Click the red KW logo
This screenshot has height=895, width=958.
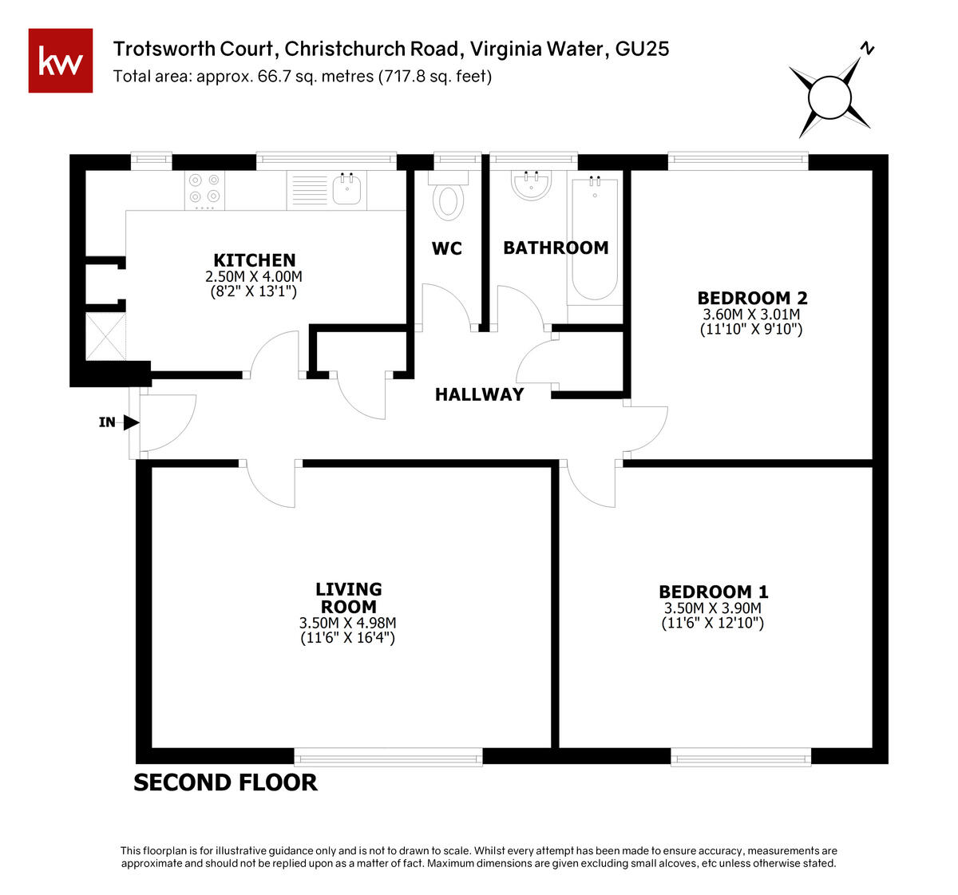point(61,61)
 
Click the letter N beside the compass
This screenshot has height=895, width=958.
point(867,49)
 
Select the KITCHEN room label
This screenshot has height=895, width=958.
point(254,260)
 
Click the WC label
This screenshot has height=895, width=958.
point(447,248)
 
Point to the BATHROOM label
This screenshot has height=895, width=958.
point(556,248)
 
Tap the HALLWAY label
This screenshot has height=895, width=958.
point(479,394)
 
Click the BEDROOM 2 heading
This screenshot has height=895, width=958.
point(753,298)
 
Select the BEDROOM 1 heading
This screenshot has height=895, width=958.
point(714,592)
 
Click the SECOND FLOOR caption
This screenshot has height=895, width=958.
point(225,782)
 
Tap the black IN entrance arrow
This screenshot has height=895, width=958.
point(131,422)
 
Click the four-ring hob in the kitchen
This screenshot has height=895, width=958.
point(204,190)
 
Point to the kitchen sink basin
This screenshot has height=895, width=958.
point(346,189)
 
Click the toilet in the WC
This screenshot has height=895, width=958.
point(448,196)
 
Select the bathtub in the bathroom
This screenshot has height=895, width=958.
point(595,240)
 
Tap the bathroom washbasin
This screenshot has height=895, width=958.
point(531,184)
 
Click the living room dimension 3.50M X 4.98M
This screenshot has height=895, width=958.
point(347,623)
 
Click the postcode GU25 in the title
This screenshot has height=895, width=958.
point(642,49)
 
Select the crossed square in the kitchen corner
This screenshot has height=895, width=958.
point(105,336)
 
